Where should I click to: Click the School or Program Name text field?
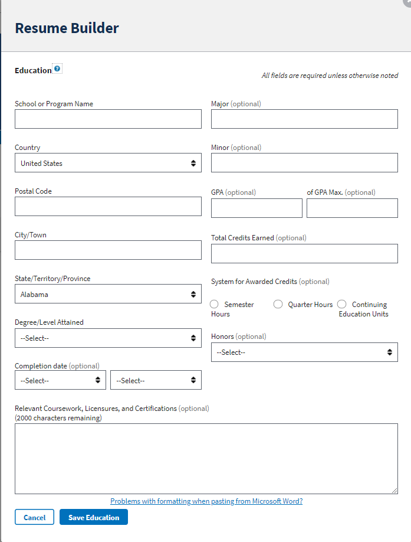point(108,119)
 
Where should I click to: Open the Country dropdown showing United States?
point(108,163)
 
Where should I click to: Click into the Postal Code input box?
point(108,207)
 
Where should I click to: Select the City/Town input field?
point(108,250)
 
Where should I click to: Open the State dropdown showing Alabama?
point(108,294)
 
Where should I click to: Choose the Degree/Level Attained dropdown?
point(108,338)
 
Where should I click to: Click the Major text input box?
point(304,119)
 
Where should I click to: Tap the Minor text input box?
point(304,163)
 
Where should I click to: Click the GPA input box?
point(257,208)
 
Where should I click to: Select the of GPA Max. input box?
point(352,208)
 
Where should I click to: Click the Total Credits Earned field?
point(304,253)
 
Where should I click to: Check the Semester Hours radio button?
point(214,304)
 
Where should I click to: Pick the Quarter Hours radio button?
point(278,304)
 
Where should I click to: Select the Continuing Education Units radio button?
point(342,304)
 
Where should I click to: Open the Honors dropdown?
point(304,352)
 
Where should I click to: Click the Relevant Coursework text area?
point(206,458)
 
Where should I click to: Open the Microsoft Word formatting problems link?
point(206,501)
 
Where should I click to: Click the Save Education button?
point(94,517)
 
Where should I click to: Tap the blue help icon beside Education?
point(57,68)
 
